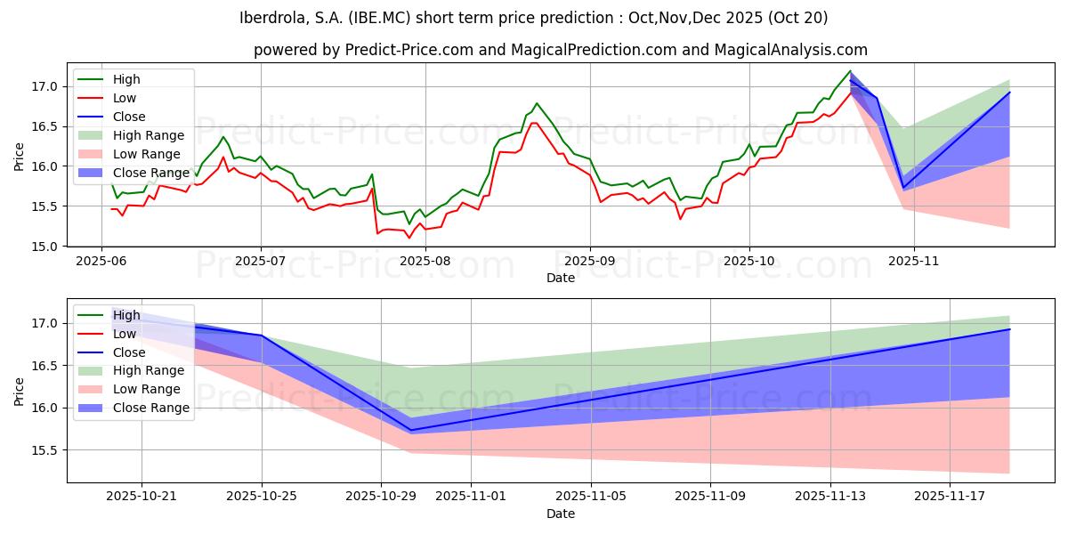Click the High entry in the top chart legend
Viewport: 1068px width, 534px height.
(x=126, y=79)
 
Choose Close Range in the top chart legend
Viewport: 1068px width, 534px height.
(x=151, y=173)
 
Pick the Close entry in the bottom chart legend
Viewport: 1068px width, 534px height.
(x=129, y=352)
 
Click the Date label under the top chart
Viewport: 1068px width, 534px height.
(x=561, y=278)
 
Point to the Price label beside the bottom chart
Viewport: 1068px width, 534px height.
(x=20, y=390)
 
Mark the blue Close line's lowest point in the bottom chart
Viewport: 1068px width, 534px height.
(x=410, y=430)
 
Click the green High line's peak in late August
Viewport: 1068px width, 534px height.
(x=537, y=103)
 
